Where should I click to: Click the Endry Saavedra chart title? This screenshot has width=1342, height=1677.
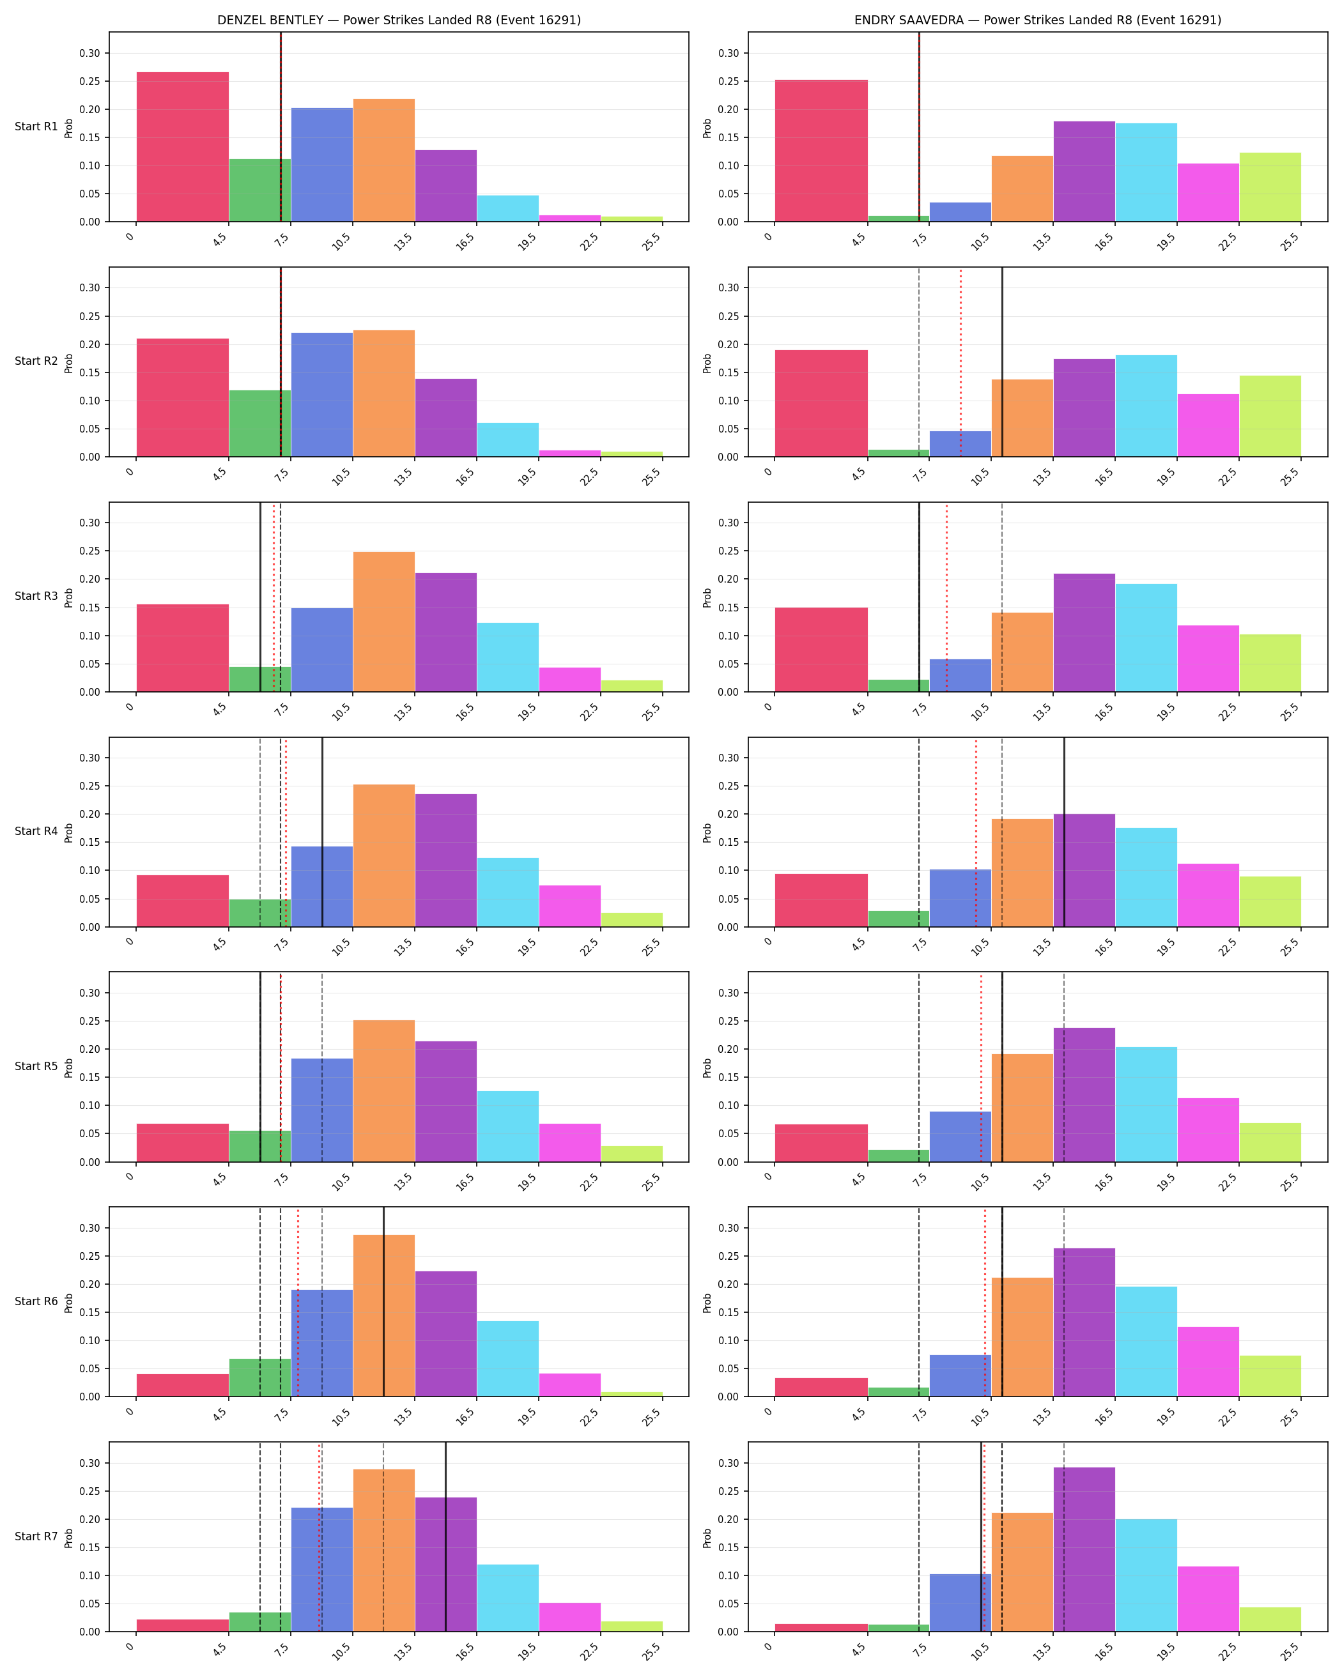tap(1038, 20)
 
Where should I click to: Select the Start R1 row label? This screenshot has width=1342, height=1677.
tap(36, 126)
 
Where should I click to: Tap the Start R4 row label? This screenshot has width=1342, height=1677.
tap(36, 832)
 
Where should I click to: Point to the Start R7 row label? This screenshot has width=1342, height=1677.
tap(36, 1536)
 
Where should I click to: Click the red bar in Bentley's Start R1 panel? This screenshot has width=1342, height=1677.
tap(183, 147)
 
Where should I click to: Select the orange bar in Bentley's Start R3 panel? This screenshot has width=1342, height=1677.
tap(383, 622)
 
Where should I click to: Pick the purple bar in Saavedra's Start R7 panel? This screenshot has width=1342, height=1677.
tap(1084, 1549)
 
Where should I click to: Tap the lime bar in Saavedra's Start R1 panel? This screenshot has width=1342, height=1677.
tap(1270, 187)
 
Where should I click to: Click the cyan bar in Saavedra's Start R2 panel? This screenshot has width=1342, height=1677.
tap(1146, 406)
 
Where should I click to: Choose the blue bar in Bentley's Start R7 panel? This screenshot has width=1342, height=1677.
tap(322, 1570)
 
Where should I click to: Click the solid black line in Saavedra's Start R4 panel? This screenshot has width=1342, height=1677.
tap(1064, 832)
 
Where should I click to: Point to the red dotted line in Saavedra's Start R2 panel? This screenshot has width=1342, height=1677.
tap(960, 362)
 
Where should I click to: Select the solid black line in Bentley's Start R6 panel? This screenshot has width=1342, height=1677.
tap(383, 1302)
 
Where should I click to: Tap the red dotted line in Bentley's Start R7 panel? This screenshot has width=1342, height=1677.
tap(320, 1537)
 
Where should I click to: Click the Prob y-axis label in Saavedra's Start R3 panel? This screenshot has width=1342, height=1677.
tap(707, 597)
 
